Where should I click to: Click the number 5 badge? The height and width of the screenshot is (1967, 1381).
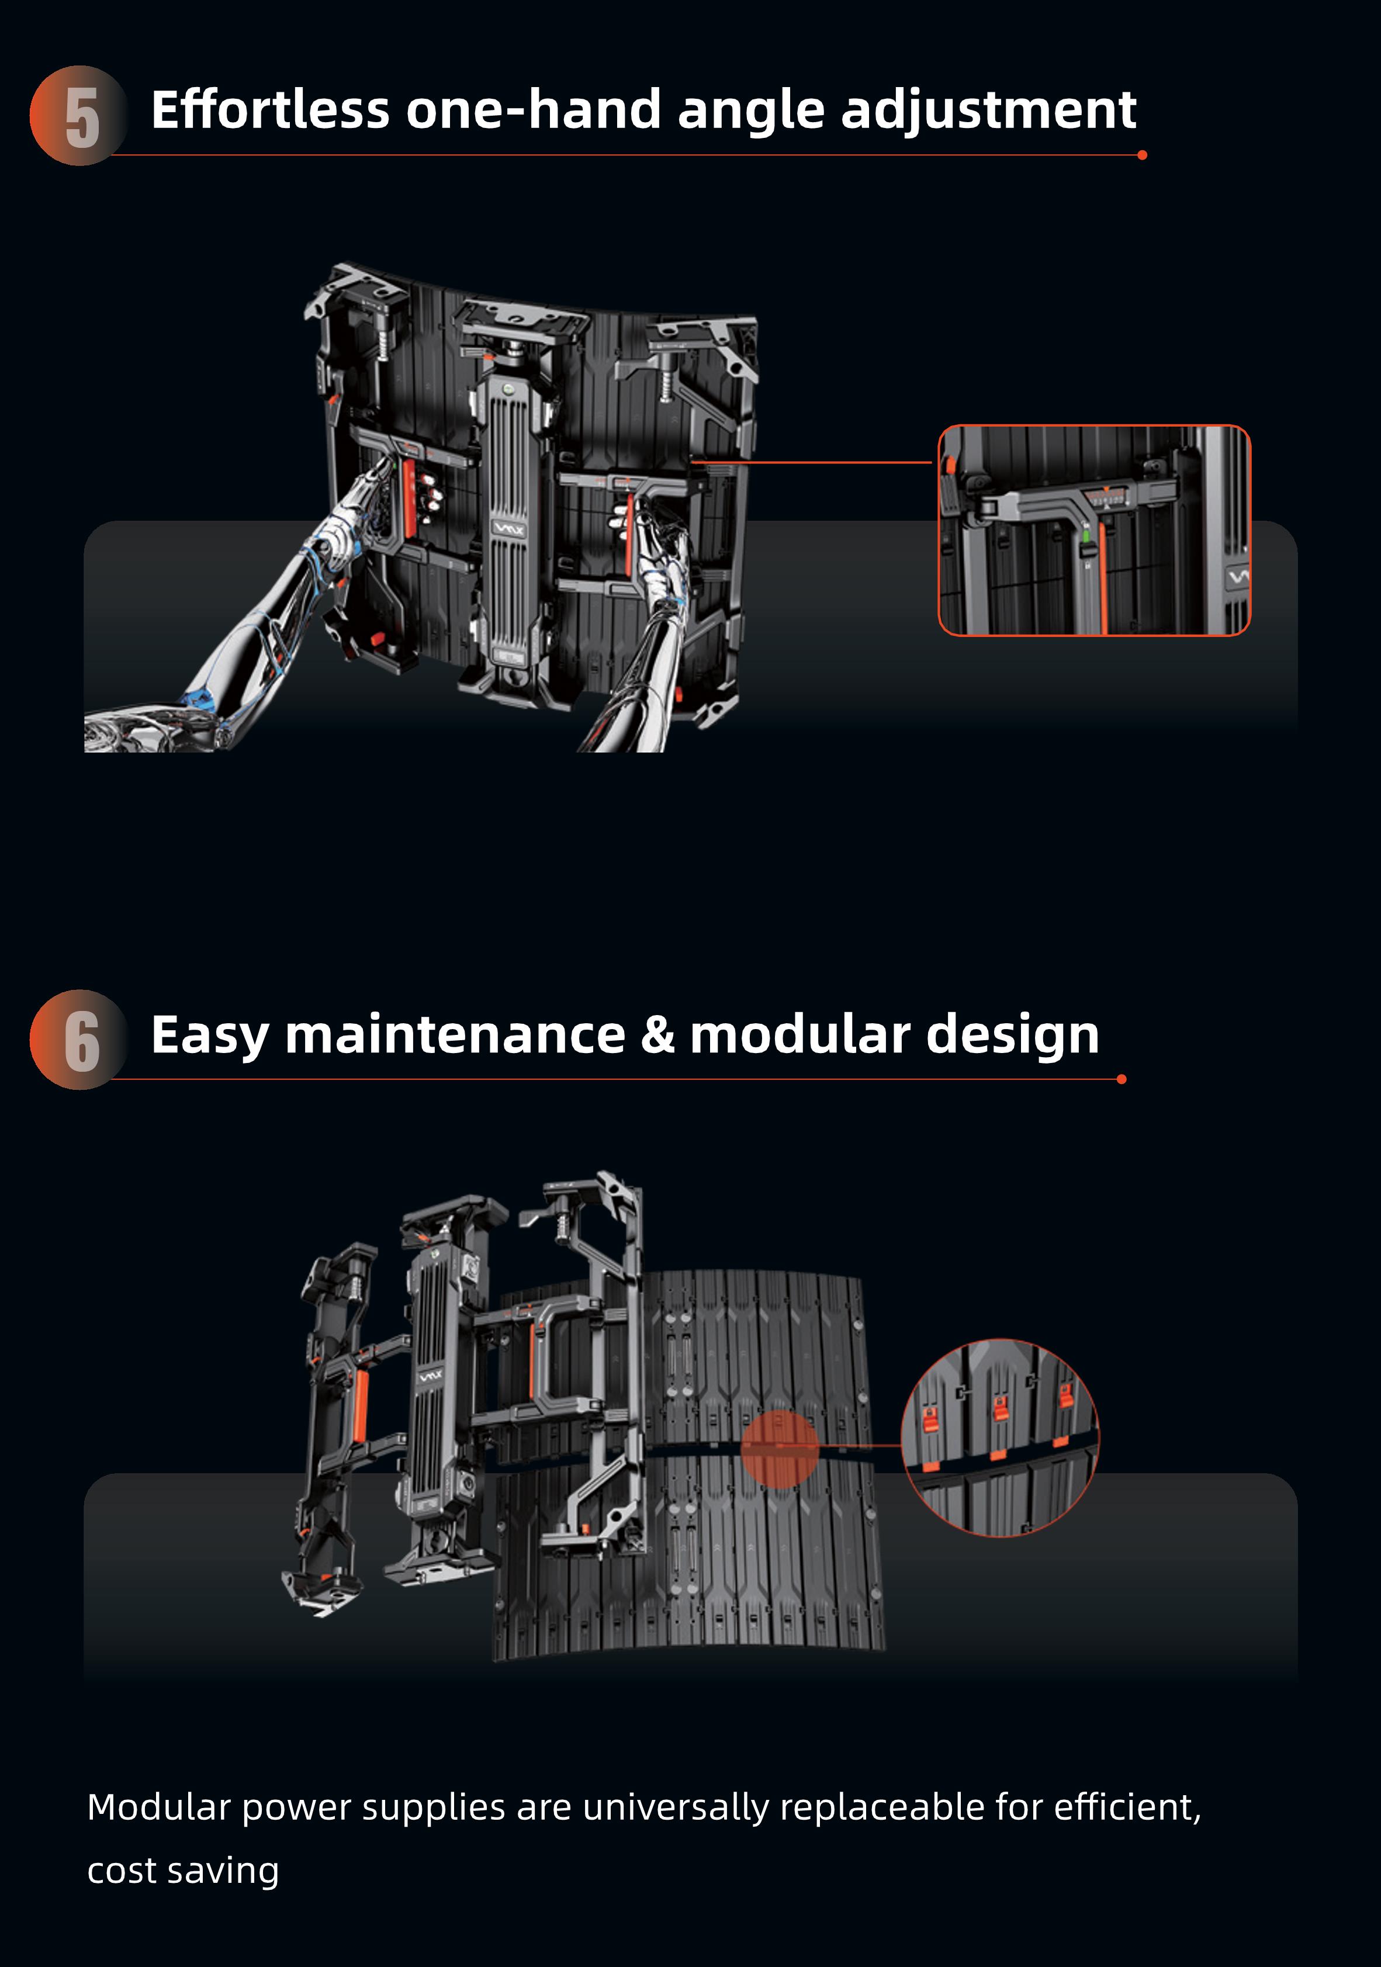(79, 116)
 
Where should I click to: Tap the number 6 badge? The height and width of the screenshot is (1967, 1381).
(79, 1039)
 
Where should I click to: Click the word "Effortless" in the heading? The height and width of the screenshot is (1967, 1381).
(270, 110)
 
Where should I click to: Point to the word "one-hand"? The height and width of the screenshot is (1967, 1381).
(533, 110)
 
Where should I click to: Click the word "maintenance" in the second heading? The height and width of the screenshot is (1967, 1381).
(455, 1035)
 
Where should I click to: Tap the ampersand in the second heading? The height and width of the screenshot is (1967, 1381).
(657, 1035)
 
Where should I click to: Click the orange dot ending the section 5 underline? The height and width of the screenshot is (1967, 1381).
(1142, 155)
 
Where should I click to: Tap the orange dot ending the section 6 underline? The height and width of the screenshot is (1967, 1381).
(1122, 1079)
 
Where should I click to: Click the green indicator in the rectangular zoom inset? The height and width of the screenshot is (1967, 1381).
(1086, 536)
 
